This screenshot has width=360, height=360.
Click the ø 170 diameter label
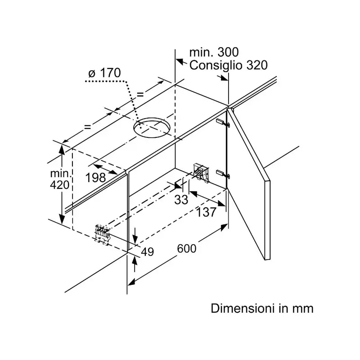(x=105, y=72)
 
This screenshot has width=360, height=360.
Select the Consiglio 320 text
(x=228, y=65)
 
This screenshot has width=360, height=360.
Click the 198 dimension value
(x=95, y=177)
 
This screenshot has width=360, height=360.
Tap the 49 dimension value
(x=147, y=252)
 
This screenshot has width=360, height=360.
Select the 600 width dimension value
(x=187, y=249)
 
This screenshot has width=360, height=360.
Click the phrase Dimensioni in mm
(x=262, y=309)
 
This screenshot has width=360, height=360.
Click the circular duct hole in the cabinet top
(x=153, y=128)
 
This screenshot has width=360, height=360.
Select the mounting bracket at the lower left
(x=103, y=235)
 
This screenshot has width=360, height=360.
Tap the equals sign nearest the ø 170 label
(x=140, y=94)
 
